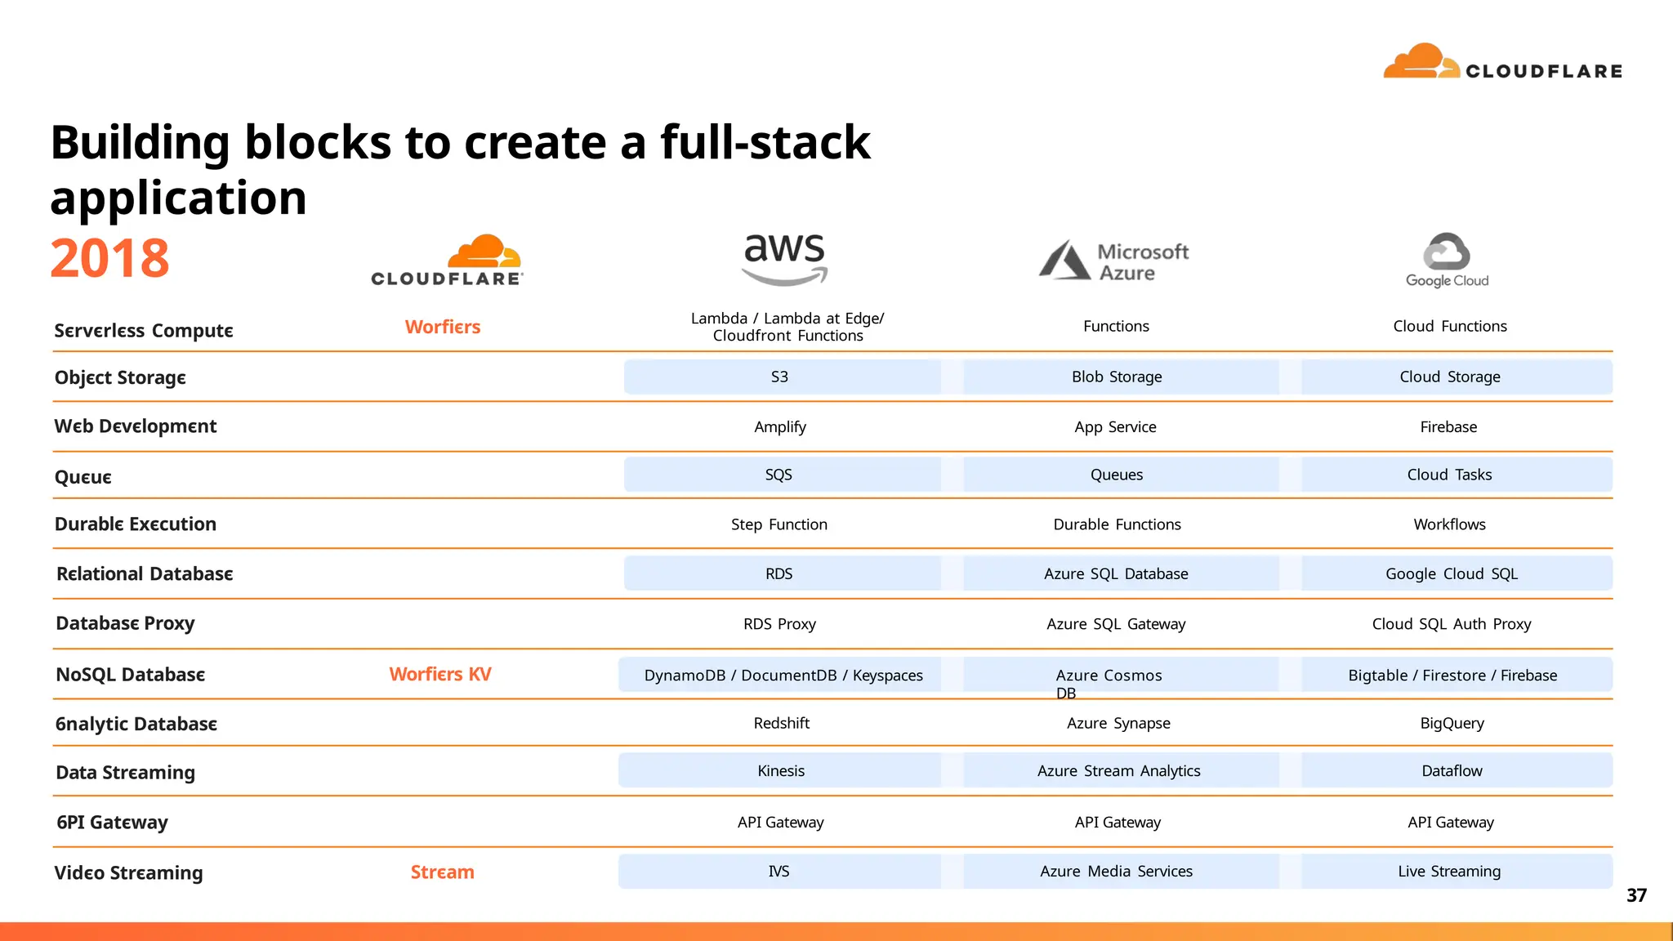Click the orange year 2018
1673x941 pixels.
click(109, 258)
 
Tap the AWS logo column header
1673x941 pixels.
click(784, 258)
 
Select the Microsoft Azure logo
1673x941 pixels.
click(1114, 261)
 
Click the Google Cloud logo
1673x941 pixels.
click(1447, 260)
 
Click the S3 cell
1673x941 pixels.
click(780, 377)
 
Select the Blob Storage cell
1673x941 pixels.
click(1117, 377)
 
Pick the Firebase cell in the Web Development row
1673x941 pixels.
click(1448, 426)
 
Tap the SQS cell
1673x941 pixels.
click(779, 475)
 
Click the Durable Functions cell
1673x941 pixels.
click(1117, 524)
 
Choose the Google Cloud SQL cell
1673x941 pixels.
click(1452, 573)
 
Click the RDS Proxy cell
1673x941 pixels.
click(779, 624)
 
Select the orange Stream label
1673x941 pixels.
click(442, 872)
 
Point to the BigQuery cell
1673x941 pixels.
click(1452, 723)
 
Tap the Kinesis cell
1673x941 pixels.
click(781, 770)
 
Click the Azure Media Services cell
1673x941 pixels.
click(1116, 871)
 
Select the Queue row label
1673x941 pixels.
click(83, 477)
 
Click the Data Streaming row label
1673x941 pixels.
click(125, 773)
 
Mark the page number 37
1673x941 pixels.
click(1636, 895)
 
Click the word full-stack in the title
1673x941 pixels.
click(765, 142)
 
